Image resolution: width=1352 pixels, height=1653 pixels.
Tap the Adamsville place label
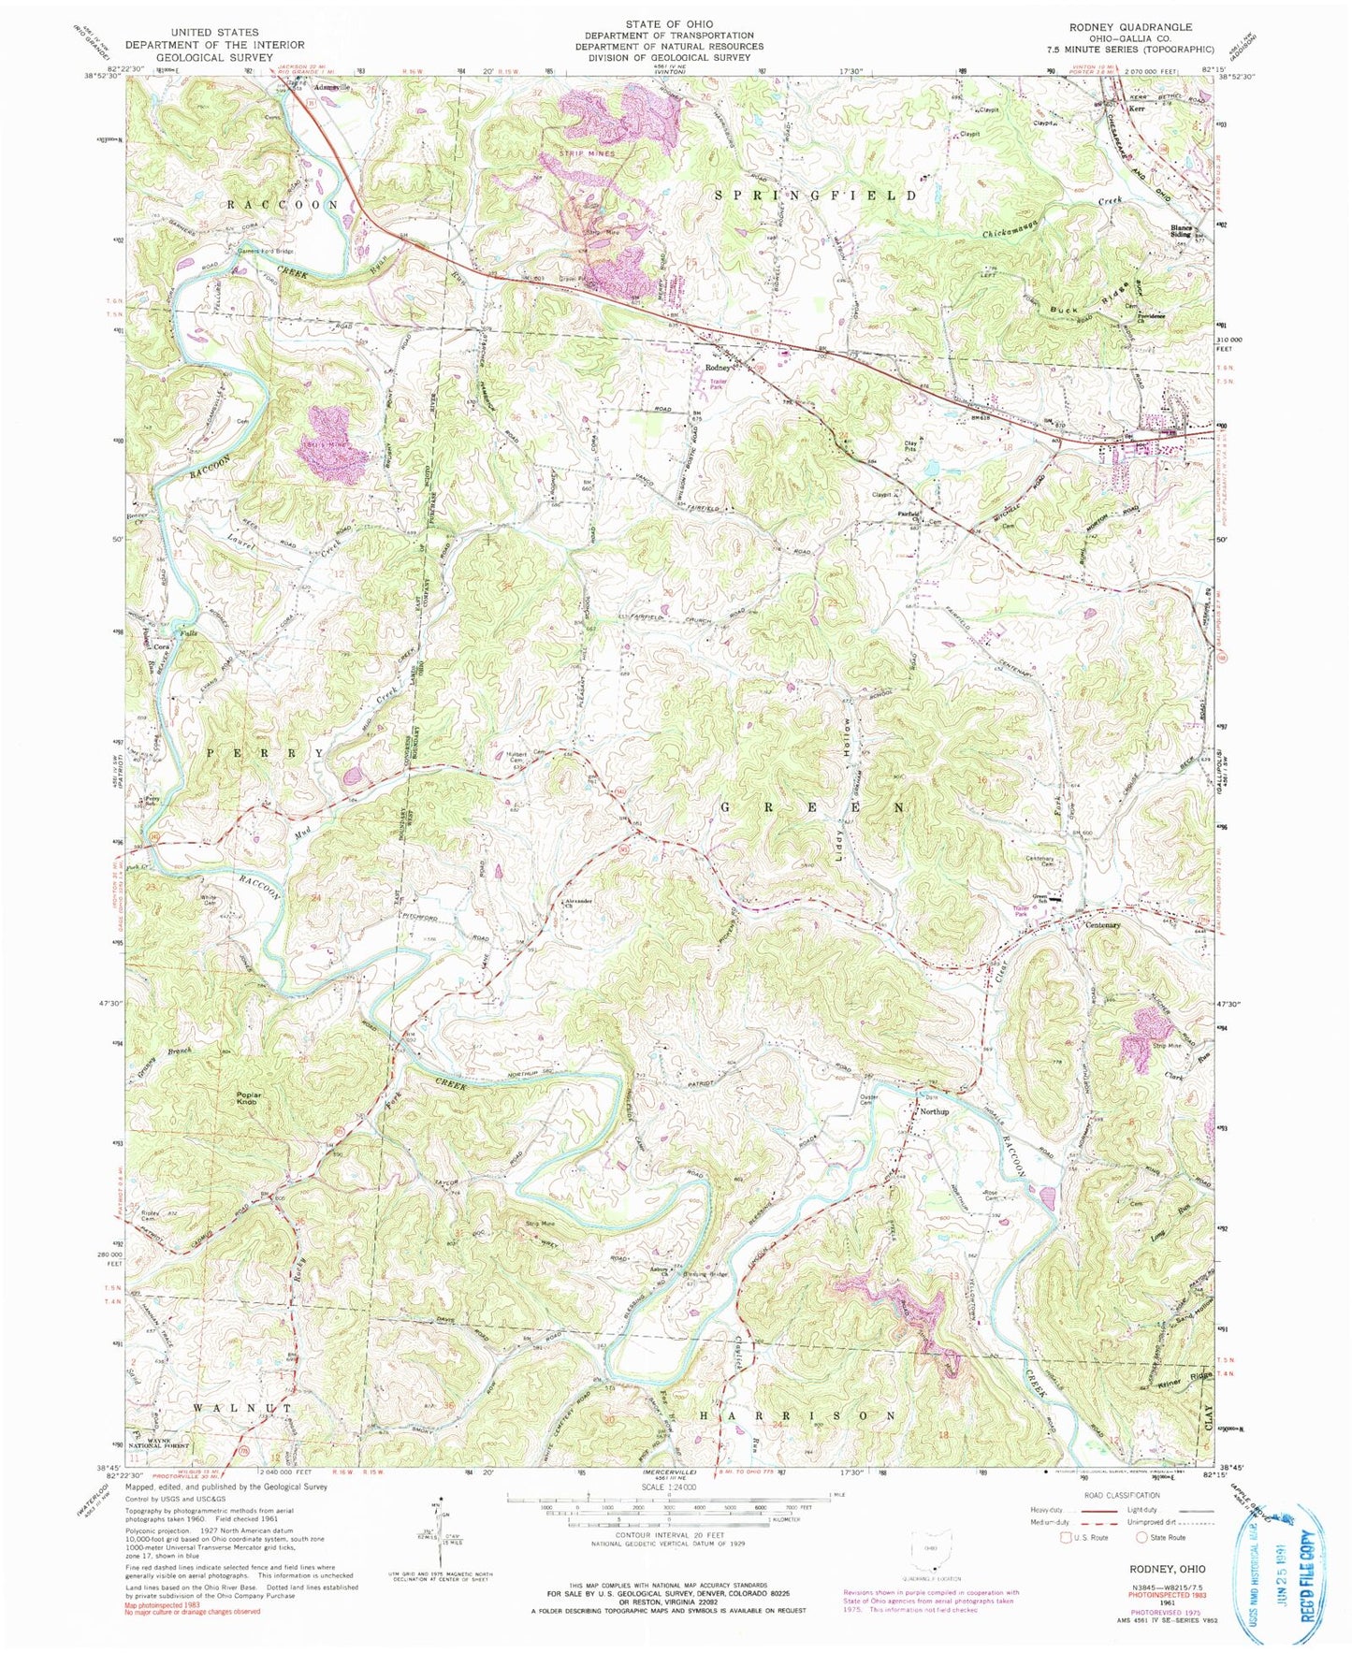point(330,86)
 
